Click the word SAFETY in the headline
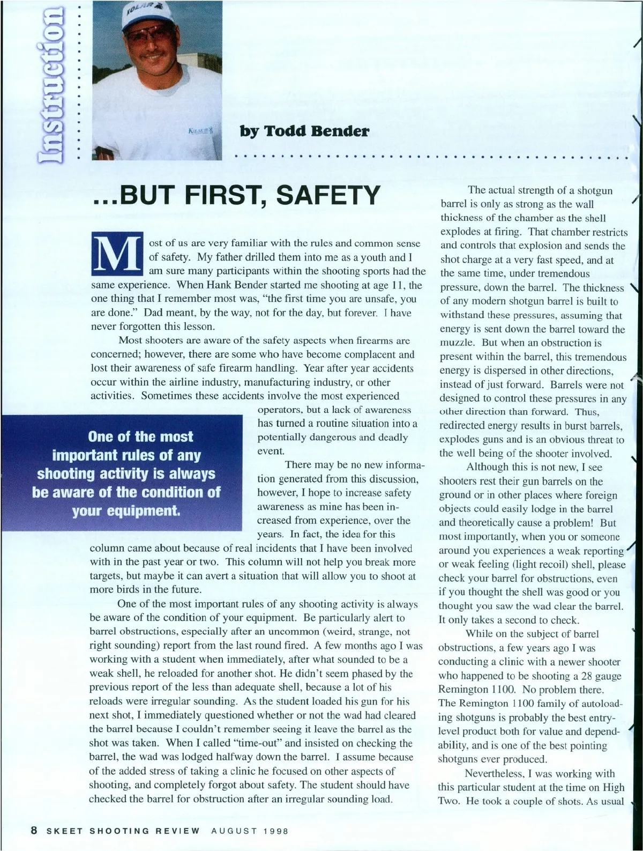click(327, 195)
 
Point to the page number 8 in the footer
click(34, 831)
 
